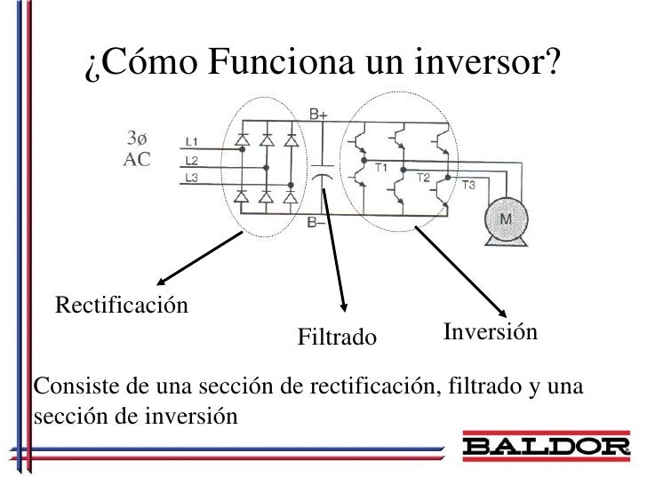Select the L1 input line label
coord(192,141)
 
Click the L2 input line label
coord(192,160)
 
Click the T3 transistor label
coord(468,185)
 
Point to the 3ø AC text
coord(137,149)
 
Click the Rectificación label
coord(123,306)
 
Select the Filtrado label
coord(337,338)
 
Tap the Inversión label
coord(490,332)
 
